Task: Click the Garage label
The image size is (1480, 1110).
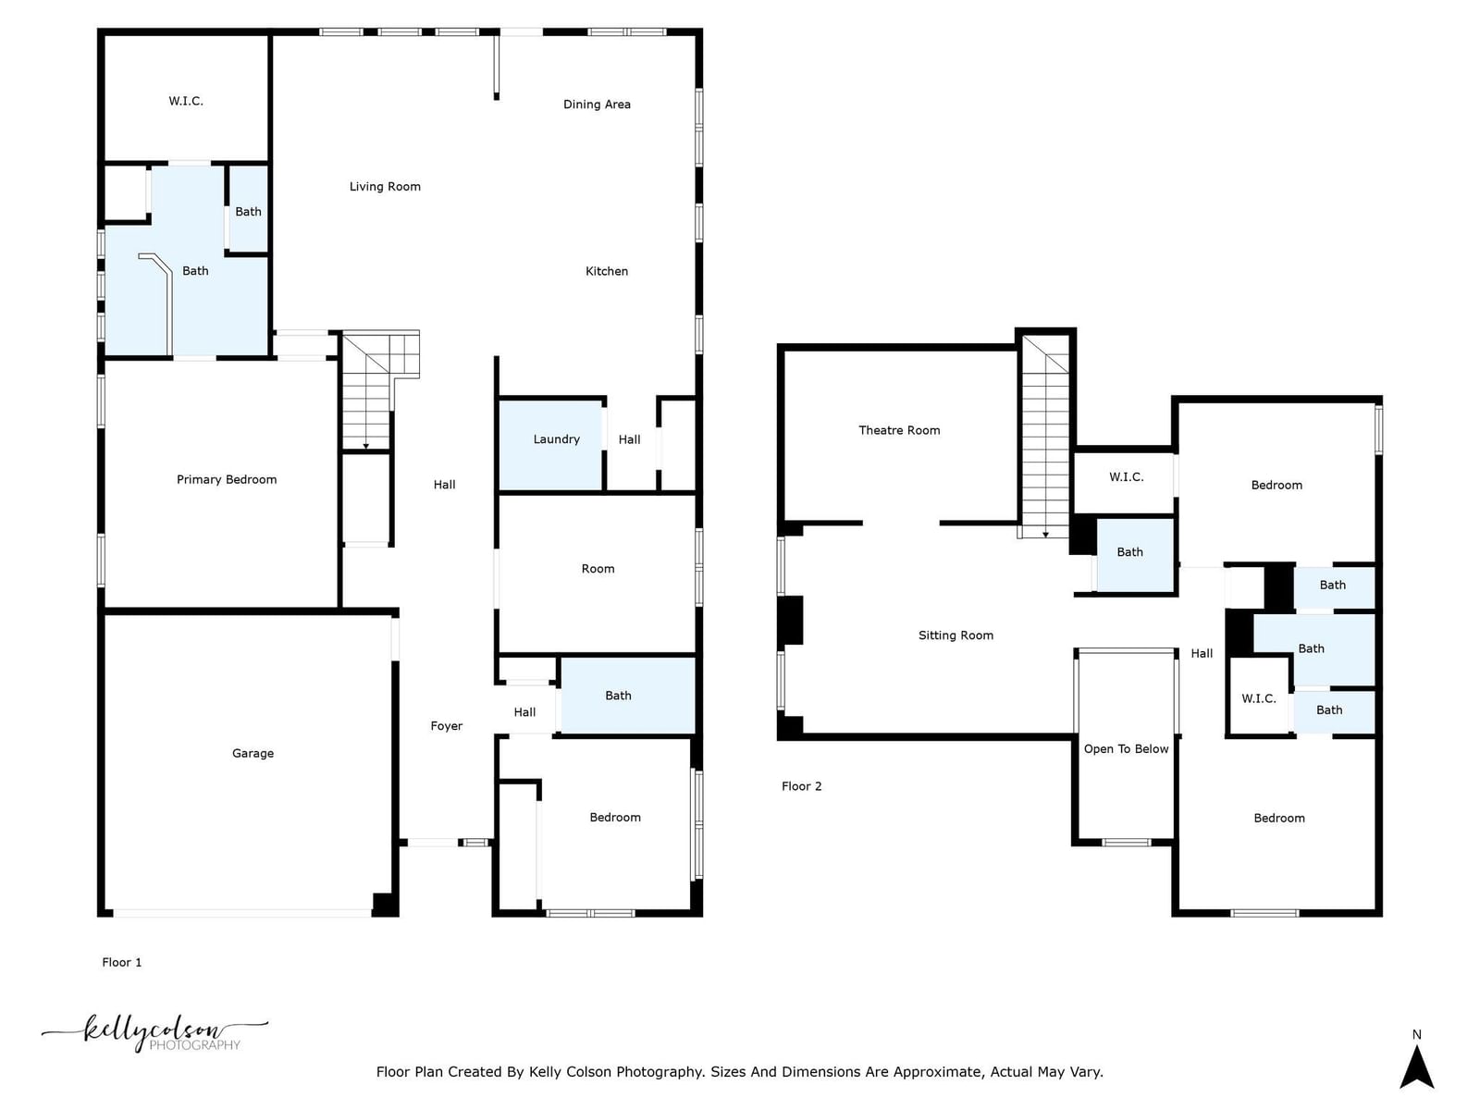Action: pyautogui.click(x=253, y=754)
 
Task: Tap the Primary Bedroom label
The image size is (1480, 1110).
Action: pyautogui.click(x=227, y=479)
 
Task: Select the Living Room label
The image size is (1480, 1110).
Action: pyautogui.click(x=384, y=187)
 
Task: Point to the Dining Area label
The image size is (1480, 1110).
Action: pyautogui.click(x=597, y=104)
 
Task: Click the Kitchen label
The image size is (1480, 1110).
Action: pyautogui.click(x=606, y=271)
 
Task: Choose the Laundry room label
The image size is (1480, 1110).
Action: pyautogui.click(x=556, y=439)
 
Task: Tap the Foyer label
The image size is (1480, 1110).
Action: pyautogui.click(x=447, y=726)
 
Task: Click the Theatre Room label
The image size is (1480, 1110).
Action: pyautogui.click(x=899, y=430)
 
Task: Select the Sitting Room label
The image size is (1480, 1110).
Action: pyautogui.click(x=956, y=635)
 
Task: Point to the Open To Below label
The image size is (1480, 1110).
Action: pyautogui.click(x=1126, y=748)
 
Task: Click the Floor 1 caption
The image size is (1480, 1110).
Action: pyautogui.click(x=121, y=962)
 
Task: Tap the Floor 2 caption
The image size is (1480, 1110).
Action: pyautogui.click(x=801, y=786)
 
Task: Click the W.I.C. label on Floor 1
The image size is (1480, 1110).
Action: pyautogui.click(x=185, y=101)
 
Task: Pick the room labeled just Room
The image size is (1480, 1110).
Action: pyautogui.click(x=598, y=569)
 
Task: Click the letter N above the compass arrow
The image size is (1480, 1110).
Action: pyautogui.click(x=1416, y=1034)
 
